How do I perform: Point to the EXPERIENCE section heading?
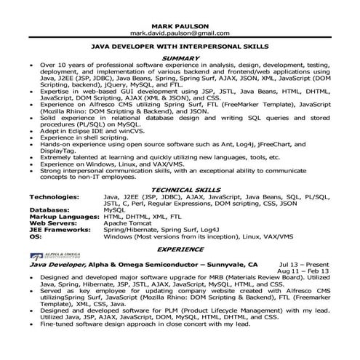tap(180, 247)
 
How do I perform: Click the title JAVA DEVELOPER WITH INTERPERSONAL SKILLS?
tap(180, 45)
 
